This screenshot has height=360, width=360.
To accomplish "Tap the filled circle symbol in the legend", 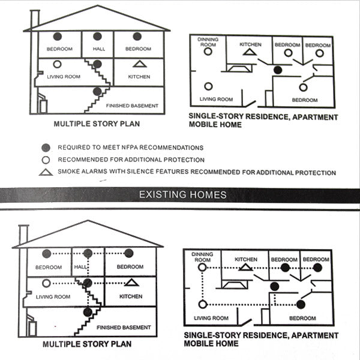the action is coord(46,148).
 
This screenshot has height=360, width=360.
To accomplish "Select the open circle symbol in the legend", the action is coord(46,160).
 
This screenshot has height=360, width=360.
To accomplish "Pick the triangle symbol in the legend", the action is coord(46,172).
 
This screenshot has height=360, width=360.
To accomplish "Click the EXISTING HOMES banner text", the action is coord(183,195).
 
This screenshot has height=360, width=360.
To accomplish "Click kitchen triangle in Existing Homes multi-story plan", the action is coord(131,283).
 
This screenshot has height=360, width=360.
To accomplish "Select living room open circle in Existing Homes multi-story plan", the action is coord(46,283).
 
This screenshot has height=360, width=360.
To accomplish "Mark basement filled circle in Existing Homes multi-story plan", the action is coord(88,312).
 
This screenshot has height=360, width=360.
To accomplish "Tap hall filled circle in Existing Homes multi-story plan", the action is coord(88,253).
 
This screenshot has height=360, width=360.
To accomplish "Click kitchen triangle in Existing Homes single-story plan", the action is coord(245,267).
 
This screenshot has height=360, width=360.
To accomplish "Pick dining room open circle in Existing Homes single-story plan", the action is coord(202,267).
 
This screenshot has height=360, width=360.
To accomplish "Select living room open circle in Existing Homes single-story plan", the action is coord(203,304).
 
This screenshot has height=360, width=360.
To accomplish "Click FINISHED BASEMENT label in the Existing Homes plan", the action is coord(124,328).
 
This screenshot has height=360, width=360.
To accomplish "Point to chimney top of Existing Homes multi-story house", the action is coord(23,226).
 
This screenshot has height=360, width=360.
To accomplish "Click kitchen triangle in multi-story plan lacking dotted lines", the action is coord(140,64).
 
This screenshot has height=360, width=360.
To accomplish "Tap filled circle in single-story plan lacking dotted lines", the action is coord(278,70).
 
